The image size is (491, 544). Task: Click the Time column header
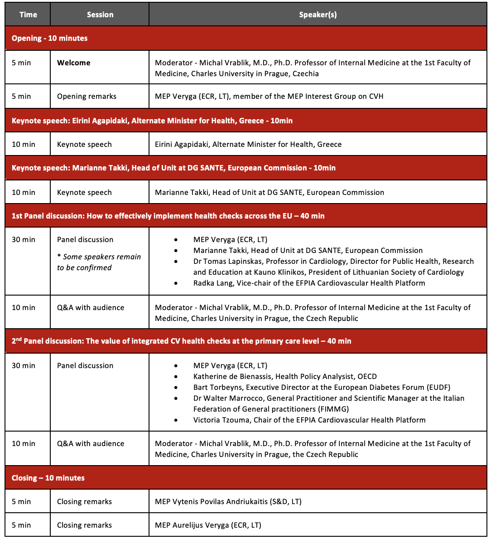point(28,15)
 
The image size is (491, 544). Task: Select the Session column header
point(100,15)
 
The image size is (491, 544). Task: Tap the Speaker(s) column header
point(318,15)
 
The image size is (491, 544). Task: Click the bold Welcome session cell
point(73,63)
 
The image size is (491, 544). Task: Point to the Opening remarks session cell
point(87,96)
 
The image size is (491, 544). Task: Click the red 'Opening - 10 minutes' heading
point(50,38)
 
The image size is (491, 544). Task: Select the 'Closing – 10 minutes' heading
point(48,478)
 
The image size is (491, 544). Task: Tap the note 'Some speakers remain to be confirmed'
point(99,262)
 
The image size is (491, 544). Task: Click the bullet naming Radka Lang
point(309,283)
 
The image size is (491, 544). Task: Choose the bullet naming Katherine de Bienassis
point(285,376)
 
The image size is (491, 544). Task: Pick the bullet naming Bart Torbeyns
point(322,387)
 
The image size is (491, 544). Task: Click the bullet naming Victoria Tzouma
point(309,420)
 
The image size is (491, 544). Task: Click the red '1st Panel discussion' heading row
point(168,216)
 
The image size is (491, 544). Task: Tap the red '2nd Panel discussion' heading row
point(181,341)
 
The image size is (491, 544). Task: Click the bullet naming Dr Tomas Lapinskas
point(333,267)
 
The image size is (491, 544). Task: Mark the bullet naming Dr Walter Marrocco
point(328,403)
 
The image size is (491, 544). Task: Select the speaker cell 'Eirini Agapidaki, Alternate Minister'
point(248,144)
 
